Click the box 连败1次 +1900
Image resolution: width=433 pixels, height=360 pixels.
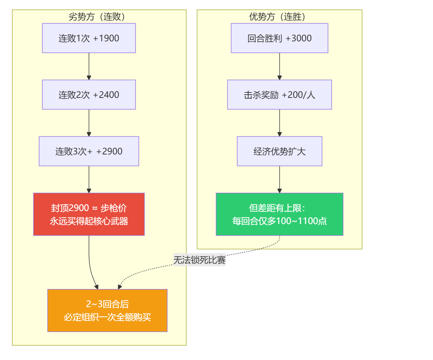(89, 38)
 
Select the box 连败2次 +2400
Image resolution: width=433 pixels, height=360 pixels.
(89, 95)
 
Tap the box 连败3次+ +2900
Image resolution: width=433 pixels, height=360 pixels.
(89, 151)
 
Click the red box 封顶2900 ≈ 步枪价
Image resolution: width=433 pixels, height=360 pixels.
(89, 214)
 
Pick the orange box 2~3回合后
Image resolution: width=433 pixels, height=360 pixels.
(107, 311)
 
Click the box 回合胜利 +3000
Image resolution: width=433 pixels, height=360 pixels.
(279, 38)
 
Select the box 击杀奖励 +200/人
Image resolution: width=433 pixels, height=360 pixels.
(279, 95)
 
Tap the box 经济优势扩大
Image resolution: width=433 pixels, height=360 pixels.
(279, 151)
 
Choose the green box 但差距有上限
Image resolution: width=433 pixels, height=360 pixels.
(279, 214)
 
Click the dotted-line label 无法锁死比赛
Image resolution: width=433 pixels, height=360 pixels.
(199, 260)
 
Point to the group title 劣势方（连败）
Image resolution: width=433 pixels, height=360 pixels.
(97, 17)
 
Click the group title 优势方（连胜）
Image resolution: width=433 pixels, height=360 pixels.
(277, 17)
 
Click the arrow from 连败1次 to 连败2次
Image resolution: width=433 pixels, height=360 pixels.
(89, 66)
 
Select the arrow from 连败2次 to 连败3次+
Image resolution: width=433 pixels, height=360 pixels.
(89, 123)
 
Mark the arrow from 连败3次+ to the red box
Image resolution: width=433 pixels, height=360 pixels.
(89, 179)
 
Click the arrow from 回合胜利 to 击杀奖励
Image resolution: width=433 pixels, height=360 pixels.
(279, 66)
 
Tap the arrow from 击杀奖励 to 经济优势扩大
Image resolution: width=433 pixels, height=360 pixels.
(279, 123)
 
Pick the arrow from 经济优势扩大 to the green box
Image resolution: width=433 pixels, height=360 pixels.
(279, 179)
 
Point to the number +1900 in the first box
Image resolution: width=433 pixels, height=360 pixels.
(106, 38)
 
